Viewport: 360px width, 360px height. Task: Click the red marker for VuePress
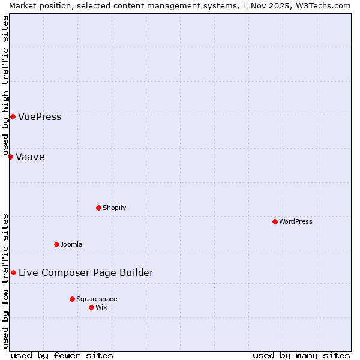pyautogui.click(x=13, y=116)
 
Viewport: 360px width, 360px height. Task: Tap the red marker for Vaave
pyautogui.click(x=10, y=157)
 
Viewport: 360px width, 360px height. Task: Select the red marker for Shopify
pyautogui.click(x=98, y=208)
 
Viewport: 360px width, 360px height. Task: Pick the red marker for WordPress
pyautogui.click(x=275, y=221)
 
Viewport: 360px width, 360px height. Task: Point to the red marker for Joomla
pyautogui.click(x=56, y=244)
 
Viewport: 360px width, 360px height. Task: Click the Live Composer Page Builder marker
pyautogui.click(x=13, y=272)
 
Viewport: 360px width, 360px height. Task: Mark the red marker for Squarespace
pyautogui.click(x=72, y=299)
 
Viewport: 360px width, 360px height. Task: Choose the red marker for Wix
pyautogui.click(x=91, y=307)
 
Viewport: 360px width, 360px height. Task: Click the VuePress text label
pyautogui.click(x=40, y=116)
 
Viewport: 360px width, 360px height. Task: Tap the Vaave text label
pyautogui.click(x=30, y=157)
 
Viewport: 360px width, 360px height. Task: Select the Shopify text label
pyautogui.click(x=114, y=208)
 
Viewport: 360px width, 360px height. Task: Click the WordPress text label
pyautogui.click(x=296, y=221)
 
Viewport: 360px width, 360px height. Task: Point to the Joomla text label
pyautogui.click(x=71, y=244)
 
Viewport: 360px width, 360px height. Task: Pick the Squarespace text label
pyautogui.click(x=97, y=299)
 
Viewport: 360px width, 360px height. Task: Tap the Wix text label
pyautogui.click(x=101, y=307)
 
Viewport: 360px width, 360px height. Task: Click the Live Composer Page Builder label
pyautogui.click(x=86, y=272)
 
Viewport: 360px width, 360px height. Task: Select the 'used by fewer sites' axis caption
pyautogui.click(x=62, y=355)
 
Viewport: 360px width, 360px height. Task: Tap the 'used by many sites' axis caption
pyautogui.click(x=301, y=355)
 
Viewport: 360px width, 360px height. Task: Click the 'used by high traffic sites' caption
pyautogui.click(x=5, y=84)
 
